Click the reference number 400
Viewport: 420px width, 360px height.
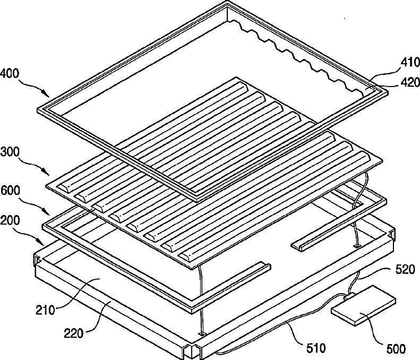(x=10, y=73)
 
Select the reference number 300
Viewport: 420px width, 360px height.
(x=10, y=152)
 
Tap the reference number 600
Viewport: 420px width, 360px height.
(x=10, y=191)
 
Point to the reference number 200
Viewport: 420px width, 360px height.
(x=10, y=220)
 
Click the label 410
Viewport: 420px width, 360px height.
(x=410, y=63)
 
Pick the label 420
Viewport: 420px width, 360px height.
(x=410, y=82)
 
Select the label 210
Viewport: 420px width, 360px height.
(x=45, y=310)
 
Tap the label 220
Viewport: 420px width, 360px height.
(x=74, y=333)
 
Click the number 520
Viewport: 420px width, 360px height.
(x=405, y=269)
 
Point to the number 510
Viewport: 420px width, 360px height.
(x=316, y=348)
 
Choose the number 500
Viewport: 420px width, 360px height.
(x=396, y=349)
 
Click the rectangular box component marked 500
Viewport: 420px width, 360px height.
(x=364, y=305)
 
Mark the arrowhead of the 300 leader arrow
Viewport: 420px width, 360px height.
(x=47, y=173)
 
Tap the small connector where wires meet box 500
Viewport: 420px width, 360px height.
(x=350, y=296)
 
